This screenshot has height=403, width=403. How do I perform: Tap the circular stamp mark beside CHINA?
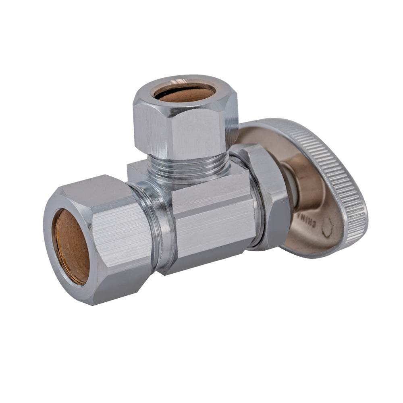pos(327,227)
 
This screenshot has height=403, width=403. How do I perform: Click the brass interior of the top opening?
pos(185,93)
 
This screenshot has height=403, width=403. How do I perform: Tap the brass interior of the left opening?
pos(71,246)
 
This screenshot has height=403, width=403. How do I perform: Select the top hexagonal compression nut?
pos(185,117)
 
